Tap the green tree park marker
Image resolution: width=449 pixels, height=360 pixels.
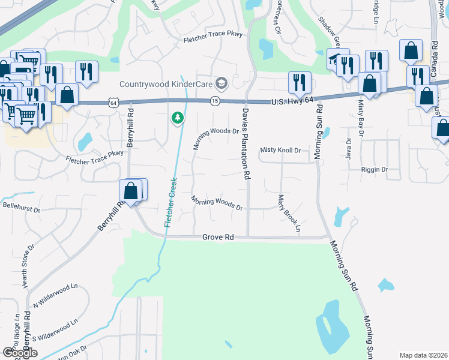click(x=177, y=118)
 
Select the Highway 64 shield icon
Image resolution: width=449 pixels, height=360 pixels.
click(x=113, y=103)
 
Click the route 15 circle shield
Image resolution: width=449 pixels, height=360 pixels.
click(x=215, y=101)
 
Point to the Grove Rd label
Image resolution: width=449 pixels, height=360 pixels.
click(x=218, y=238)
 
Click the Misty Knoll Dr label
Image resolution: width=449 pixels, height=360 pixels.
click(x=280, y=150)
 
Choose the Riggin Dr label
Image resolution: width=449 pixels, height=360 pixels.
click(x=375, y=170)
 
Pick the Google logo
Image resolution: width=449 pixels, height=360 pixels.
click(x=20, y=353)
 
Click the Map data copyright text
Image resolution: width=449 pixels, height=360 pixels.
click(x=423, y=355)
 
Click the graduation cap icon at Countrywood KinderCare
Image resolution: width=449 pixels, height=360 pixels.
click(x=222, y=83)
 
